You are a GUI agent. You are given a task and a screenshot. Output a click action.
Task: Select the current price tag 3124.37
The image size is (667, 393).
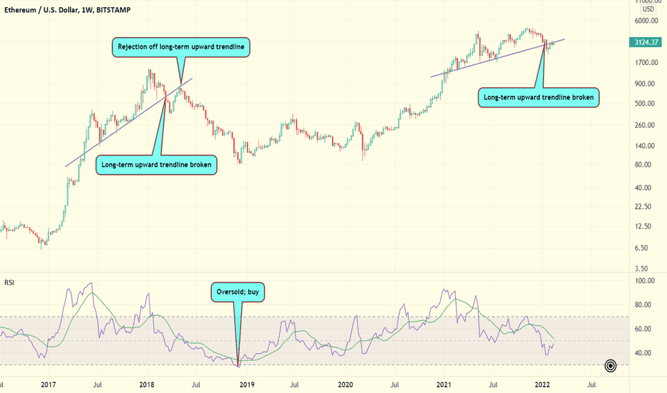(649, 42)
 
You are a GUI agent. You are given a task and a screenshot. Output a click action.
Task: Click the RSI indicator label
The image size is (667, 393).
(9, 283)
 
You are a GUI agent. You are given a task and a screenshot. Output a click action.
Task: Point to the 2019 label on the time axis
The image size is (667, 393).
(247, 384)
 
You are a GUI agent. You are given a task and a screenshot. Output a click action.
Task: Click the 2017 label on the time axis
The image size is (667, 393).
(49, 384)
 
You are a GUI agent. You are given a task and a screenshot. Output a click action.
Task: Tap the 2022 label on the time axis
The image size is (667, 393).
(543, 384)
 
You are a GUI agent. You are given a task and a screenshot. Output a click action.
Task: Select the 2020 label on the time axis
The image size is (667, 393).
(346, 384)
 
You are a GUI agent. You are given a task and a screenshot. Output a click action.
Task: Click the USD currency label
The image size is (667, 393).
(648, 9)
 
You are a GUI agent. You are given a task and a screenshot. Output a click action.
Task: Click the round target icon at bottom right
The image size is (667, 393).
(610, 366)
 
